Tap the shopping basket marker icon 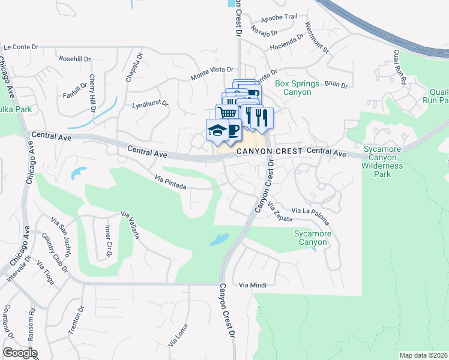click(x=226, y=113)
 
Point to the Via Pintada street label click(x=170, y=182)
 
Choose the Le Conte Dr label click(x=20, y=47)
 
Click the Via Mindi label click(x=252, y=284)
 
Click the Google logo click(x=19, y=353)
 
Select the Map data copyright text click(x=423, y=355)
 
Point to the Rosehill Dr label click(x=74, y=59)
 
